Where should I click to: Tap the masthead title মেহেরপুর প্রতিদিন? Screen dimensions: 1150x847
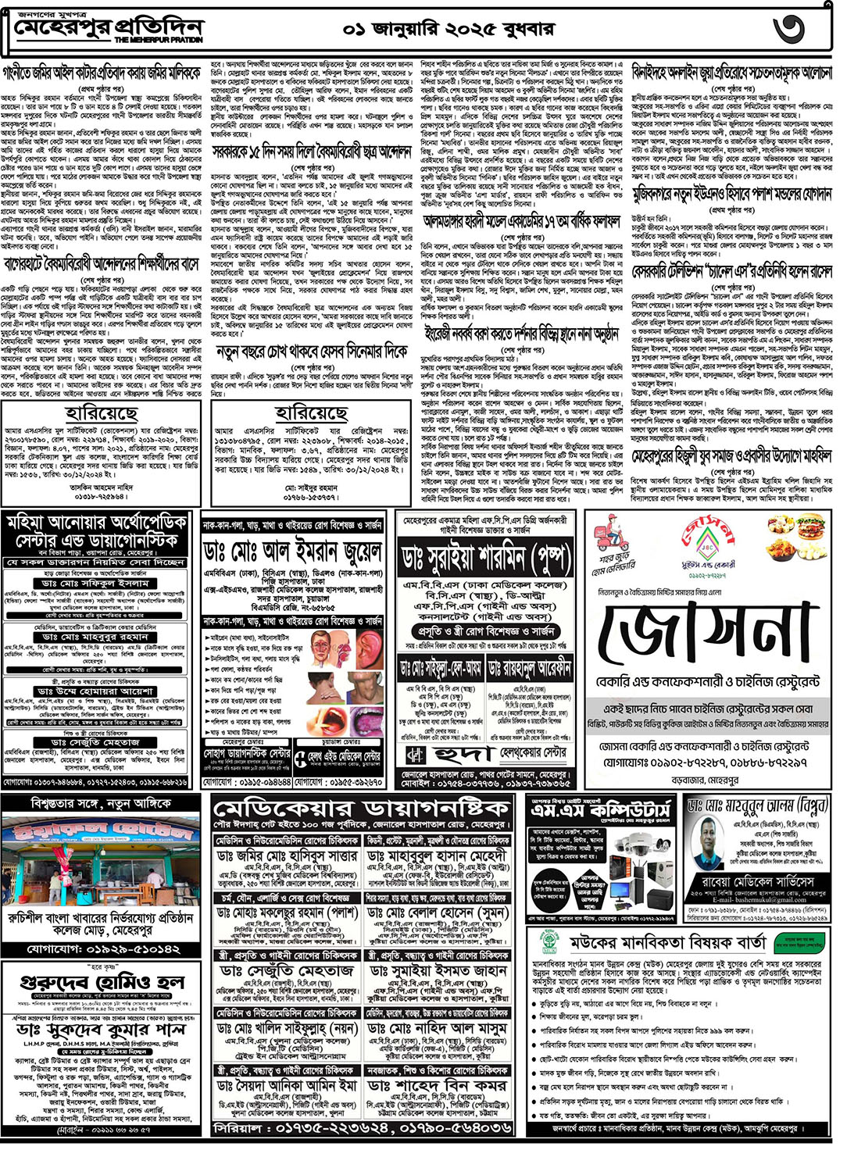coord(109,29)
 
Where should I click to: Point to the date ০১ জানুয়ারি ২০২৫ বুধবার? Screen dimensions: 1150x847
coord(449,30)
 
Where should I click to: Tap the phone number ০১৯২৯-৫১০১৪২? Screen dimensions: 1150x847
coord(105,949)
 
